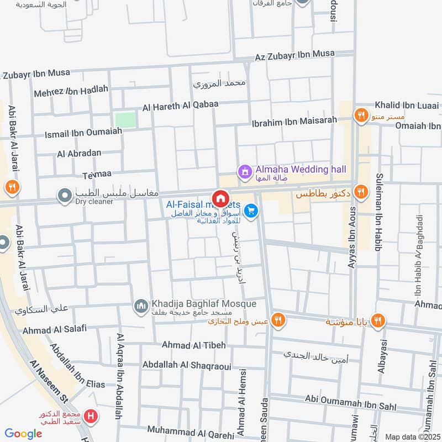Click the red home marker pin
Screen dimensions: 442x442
[x=220, y=199]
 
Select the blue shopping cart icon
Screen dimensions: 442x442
[x=251, y=211]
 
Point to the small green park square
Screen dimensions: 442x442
[x=125, y=119]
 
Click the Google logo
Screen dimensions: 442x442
[x=23, y=434]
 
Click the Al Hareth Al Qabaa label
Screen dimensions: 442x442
[x=181, y=104]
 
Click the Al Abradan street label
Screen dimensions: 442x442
[x=79, y=154]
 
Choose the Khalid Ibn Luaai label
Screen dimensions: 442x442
[x=407, y=105]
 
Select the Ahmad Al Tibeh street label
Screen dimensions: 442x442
[x=193, y=345]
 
